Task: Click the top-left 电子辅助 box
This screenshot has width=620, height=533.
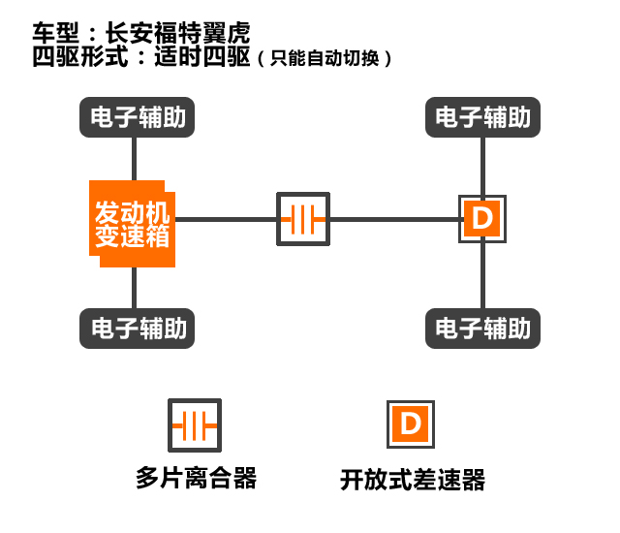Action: click(134, 118)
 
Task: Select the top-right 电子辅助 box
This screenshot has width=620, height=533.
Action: click(482, 118)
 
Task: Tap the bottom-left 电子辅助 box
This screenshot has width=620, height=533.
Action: click(134, 328)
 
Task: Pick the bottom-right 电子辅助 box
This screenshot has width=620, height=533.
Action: click(482, 328)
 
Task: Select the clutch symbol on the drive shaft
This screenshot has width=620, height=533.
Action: click(303, 220)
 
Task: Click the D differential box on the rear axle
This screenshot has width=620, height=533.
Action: click(481, 219)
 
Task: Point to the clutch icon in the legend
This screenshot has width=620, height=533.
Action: click(194, 425)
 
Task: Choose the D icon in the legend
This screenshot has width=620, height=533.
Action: click(411, 424)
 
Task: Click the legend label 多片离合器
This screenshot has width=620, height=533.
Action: click(196, 478)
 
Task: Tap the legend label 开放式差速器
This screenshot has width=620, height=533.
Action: click(413, 479)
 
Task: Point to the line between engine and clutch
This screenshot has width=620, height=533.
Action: click(226, 219)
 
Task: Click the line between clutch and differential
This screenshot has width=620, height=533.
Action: click(393, 219)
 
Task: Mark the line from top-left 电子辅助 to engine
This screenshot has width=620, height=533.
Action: click(134, 158)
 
